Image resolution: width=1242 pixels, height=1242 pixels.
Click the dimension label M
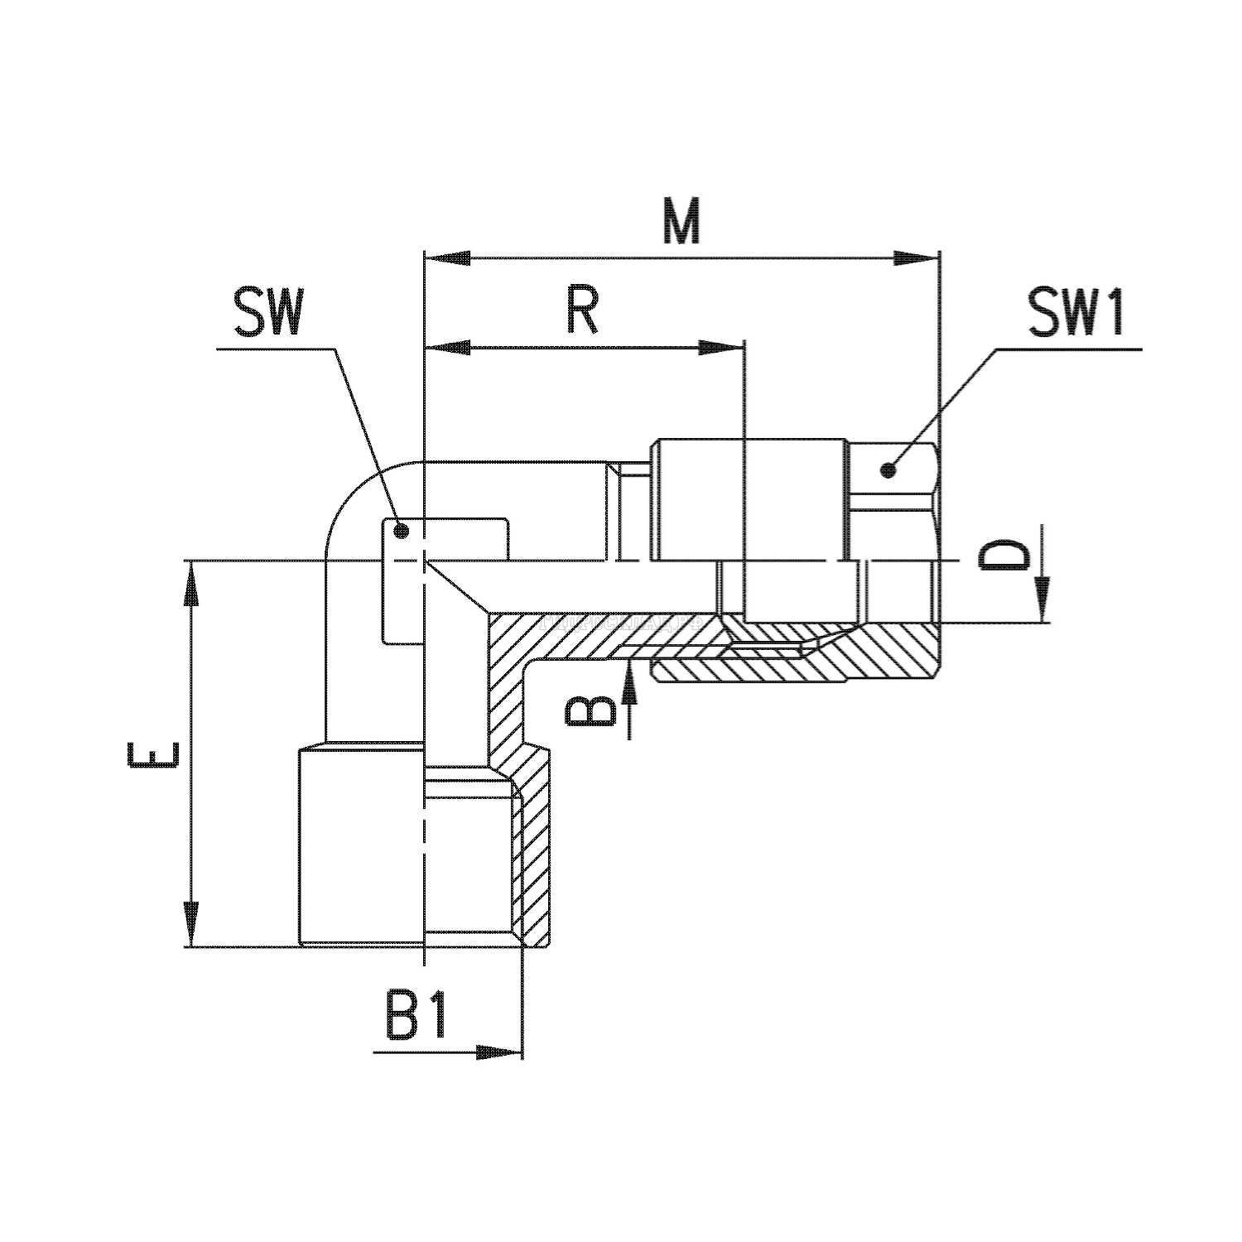pos(681,221)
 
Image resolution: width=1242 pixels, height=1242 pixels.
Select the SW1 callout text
pos(1076,312)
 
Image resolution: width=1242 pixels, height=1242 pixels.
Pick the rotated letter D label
pos(1004,556)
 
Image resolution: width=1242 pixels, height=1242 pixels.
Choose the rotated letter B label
pos(591,710)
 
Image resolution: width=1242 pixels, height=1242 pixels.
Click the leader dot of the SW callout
pos(400,531)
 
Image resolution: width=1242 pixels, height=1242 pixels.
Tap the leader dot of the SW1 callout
pos(889,471)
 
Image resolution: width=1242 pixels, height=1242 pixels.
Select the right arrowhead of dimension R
pos(719,348)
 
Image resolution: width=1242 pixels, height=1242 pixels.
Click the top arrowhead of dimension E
pos(192,584)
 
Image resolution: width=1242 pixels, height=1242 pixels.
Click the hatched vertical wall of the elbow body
pos(504,687)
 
